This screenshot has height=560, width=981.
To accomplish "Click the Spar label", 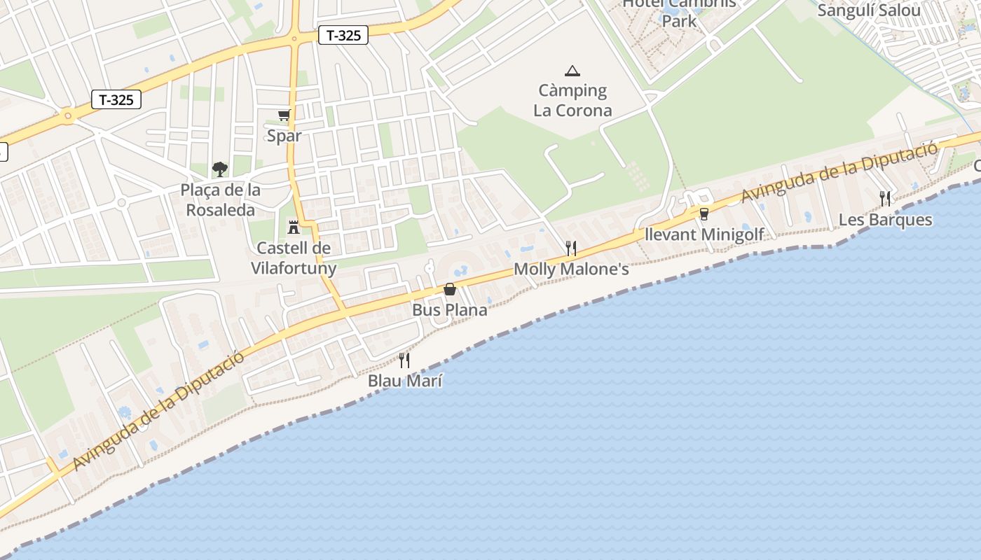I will (x=284, y=136).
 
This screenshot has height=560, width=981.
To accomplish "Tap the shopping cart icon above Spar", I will (x=284, y=115).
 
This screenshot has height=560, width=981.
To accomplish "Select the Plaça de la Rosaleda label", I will (x=220, y=199).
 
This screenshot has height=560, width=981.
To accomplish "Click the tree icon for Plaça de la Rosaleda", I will (x=220, y=169).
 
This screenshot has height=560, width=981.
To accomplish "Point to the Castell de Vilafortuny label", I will (x=294, y=258).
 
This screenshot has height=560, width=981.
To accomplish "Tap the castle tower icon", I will (x=294, y=227).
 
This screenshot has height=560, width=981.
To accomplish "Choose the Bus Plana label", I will (x=449, y=309).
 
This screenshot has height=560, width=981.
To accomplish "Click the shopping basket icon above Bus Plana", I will (x=450, y=289).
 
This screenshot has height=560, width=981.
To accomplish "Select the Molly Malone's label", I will (x=571, y=269).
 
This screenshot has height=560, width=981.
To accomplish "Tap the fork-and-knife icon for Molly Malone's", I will (x=571, y=248).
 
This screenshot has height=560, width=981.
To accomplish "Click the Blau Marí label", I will (x=404, y=381).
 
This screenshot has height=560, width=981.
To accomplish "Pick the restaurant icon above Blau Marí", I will (x=404, y=360).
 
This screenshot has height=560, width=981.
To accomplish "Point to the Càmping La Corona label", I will (x=572, y=100).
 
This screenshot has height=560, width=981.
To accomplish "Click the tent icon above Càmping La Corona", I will (x=572, y=70).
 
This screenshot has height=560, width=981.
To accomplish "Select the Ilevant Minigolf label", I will (x=704, y=234).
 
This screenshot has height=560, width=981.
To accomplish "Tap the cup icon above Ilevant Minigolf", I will (x=704, y=213).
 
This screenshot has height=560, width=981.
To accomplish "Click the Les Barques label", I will (x=885, y=220).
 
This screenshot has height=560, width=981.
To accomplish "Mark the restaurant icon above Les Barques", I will (x=885, y=199).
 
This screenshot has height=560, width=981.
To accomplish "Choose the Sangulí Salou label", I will (x=869, y=10).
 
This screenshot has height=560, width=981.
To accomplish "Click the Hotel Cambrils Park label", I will (x=679, y=12).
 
